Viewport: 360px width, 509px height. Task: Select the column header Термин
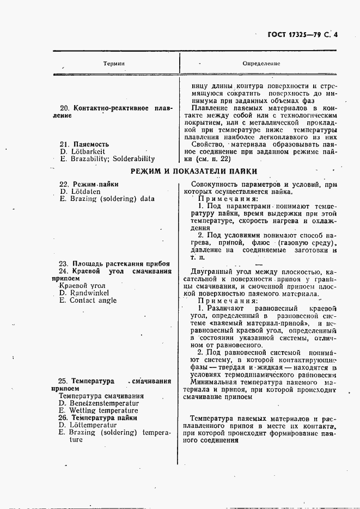coord(114,64)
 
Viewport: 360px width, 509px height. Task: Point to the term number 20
coord(63,108)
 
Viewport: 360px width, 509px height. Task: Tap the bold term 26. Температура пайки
coord(97,418)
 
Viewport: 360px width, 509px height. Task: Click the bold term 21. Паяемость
coord(84,144)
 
